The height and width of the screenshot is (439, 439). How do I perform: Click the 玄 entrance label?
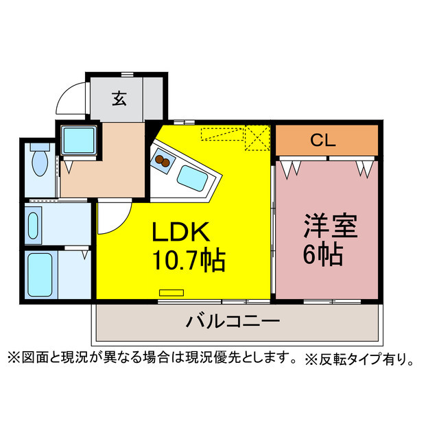click(119, 99)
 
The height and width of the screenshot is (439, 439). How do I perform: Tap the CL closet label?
click(323, 140)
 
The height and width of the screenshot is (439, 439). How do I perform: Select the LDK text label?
click(180, 232)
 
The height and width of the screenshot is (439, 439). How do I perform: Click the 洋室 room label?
click(331, 226)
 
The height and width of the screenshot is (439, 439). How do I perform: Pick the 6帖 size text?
click(323, 254)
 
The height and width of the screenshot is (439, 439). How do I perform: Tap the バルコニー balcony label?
click(233, 322)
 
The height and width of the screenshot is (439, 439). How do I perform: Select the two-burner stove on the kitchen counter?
click(162, 162)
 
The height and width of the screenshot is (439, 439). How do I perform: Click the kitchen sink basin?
click(193, 178)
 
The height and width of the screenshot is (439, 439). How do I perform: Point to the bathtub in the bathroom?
click(40, 274)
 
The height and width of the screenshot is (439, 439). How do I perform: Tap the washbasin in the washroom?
click(34, 226)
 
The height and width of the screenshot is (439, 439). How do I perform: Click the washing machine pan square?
click(79, 140)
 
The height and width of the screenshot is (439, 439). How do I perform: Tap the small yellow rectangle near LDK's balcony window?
click(171, 293)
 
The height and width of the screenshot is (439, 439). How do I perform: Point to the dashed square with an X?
click(257, 138)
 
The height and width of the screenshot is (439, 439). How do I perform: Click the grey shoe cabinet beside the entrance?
click(153, 98)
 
